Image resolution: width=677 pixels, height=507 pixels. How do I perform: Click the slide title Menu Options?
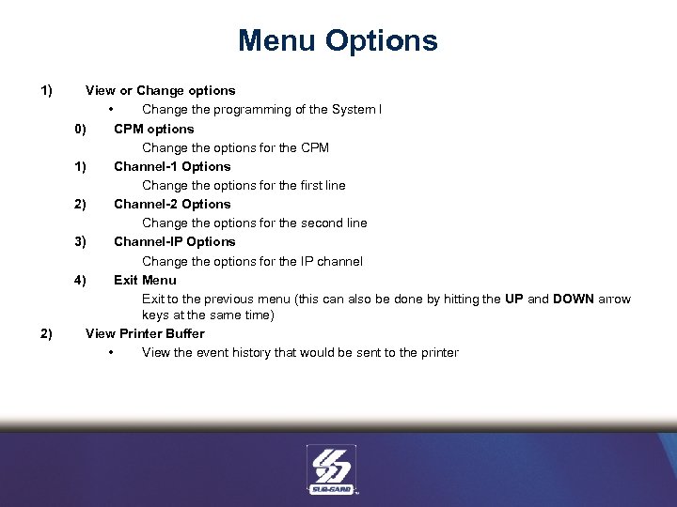pyautogui.click(x=338, y=41)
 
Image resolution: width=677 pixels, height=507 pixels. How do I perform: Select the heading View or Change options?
pyautogui.click(x=160, y=91)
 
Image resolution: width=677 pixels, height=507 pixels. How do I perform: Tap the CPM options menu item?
pyautogui.click(x=153, y=129)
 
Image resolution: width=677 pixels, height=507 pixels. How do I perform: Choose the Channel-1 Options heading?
pyautogui.click(x=172, y=166)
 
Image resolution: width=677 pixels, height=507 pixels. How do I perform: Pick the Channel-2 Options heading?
pyautogui.click(x=172, y=204)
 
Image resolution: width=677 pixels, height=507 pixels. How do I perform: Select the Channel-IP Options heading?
pyautogui.click(x=174, y=241)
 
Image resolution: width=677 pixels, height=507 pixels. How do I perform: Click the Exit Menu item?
pyautogui.click(x=145, y=280)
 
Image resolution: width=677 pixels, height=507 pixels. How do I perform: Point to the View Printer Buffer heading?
pyautogui.click(x=145, y=333)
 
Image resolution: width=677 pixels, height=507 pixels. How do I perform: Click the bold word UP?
pyautogui.click(x=514, y=299)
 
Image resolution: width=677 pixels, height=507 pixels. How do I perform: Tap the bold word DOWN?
pyautogui.click(x=574, y=299)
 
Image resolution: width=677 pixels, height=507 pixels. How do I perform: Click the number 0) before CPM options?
pyautogui.click(x=80, y=129)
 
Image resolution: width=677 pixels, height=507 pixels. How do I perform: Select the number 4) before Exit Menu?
pyautogui.click(x=80, y=280)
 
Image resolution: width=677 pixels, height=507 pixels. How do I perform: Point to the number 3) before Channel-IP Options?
pyautogui.click(x=80, y=241)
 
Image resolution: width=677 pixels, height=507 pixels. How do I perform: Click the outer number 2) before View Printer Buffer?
pyautogui.click(x=45, y=333)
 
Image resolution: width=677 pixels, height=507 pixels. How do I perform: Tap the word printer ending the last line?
pyautogui.click(x=435, y=353)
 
